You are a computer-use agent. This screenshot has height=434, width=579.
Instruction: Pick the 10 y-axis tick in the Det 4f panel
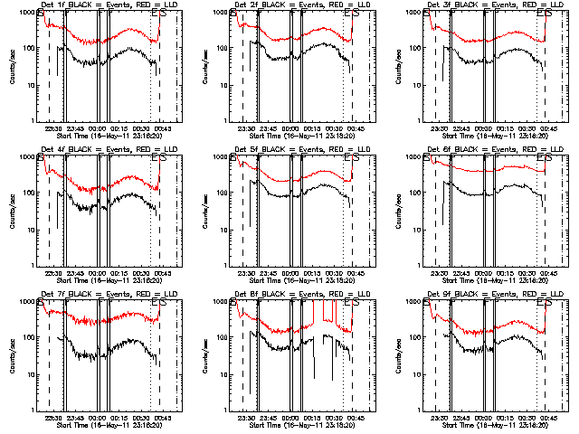[x=29, y=230]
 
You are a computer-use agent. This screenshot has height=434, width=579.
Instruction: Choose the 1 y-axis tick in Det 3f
[x=419, y=121]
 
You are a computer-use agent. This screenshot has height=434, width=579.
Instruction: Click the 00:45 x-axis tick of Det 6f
[x=547, y=273]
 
